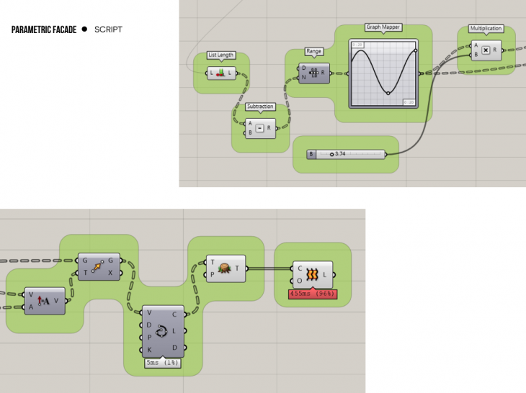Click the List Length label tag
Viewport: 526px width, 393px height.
(221, 55)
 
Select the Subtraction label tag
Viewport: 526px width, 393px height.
(260, 107)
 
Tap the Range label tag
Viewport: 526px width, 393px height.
(314, 52)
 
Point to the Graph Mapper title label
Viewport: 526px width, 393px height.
(383, 27)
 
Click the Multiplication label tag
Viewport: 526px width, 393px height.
(486, 29)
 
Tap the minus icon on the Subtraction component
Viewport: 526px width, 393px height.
(260, 128)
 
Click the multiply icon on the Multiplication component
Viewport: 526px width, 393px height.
(486, 50)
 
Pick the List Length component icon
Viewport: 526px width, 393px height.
(220, 73)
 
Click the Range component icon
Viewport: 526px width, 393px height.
(314, 72)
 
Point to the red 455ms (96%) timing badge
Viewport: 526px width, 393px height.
(312, 294)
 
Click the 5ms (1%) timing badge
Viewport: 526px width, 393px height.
(163, 363)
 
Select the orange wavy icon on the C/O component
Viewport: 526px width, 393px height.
(313, 275)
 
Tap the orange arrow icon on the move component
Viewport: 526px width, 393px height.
(99, 266)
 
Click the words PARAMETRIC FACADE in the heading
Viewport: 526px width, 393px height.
(44, 30)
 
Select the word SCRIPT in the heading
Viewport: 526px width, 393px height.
(108, 30)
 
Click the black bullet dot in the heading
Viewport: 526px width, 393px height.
(84, 30)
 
